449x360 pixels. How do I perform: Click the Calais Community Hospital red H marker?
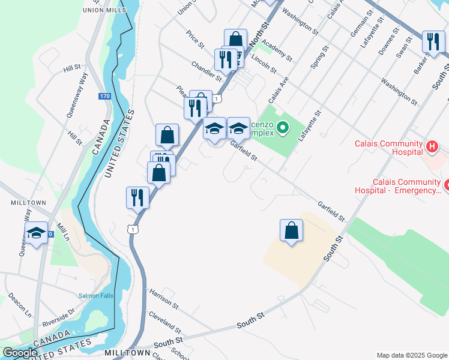(431, 146)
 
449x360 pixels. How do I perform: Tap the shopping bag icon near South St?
(291, 230)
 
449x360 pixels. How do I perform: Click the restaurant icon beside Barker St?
(432, 42)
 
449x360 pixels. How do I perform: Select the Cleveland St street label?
(165, 322)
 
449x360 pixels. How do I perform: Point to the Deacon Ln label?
(19, 305)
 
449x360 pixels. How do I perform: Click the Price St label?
(196, 40)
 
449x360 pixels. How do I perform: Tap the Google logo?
(20, 353)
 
